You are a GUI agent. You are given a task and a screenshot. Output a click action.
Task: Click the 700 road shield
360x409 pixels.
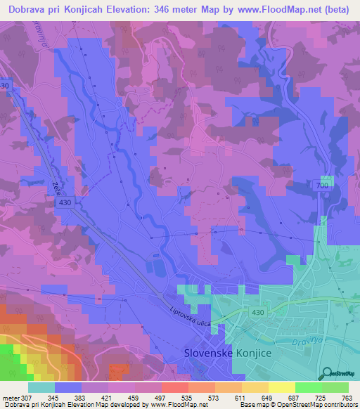point(321,184)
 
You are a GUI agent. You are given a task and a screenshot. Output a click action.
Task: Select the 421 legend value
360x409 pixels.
point(106,397)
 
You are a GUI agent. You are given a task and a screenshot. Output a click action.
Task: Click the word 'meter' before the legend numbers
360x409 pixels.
point(10,397)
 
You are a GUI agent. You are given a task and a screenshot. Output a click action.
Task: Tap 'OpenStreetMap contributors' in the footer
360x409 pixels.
point(321,405)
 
